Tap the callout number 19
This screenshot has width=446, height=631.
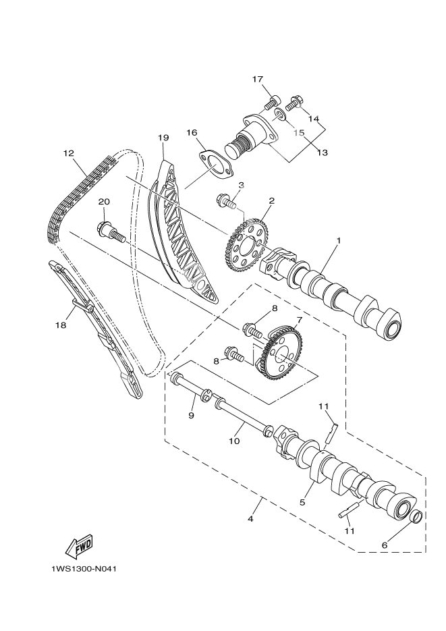pos(163,138)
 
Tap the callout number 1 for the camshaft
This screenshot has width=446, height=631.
pos(339,240)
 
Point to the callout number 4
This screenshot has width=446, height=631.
pos(251,519)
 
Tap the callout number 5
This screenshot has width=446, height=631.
pos(303,501)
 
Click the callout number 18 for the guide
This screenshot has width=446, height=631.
pos(61,325)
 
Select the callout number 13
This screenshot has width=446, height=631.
pos(322,153)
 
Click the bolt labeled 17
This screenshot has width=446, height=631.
pos(273,103)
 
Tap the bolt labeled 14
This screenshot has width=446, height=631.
pos(294,104)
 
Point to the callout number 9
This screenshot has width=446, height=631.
pos(191,416)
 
